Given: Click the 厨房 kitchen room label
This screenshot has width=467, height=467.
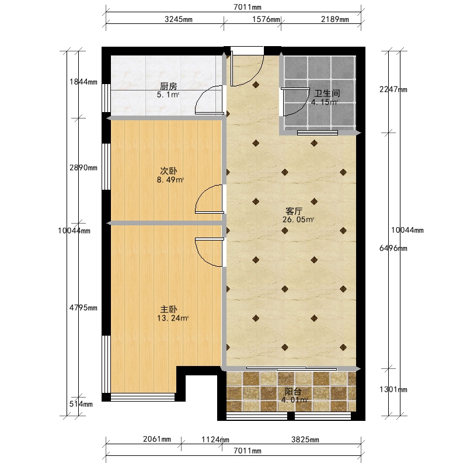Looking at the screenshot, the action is point(169,86).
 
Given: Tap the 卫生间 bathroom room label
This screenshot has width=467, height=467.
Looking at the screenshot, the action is point(327,93).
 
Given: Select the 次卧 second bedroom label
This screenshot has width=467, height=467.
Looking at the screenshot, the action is point(169,171).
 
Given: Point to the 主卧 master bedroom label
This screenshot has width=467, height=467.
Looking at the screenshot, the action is point(169,309).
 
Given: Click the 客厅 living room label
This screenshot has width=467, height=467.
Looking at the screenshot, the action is point(294,211).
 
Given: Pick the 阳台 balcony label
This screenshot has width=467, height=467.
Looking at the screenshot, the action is point(293,391).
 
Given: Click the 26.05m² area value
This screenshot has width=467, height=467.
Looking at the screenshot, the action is point(298,220).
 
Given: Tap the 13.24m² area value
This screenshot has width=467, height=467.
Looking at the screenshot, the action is point(173,318).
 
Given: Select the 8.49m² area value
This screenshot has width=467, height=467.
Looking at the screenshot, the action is point(170,180).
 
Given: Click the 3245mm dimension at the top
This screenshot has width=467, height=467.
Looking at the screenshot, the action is point(179,19).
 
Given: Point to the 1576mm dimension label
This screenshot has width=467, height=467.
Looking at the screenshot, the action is point(266,19).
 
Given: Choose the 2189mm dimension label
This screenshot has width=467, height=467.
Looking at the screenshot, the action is point(334,19).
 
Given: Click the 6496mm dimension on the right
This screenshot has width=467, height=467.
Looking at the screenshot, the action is point(393,248).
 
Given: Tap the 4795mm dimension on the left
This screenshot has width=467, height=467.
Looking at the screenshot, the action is point(83,308).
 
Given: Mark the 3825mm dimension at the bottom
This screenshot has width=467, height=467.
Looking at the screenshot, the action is point(305,440).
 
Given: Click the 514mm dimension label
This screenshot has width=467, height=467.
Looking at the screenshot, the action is point(81,404).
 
